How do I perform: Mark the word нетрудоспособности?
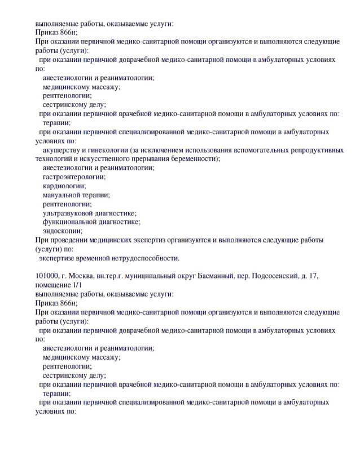coord(147,258)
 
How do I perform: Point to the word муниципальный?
coord(135,276)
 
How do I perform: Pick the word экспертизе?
coord(59,258)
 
